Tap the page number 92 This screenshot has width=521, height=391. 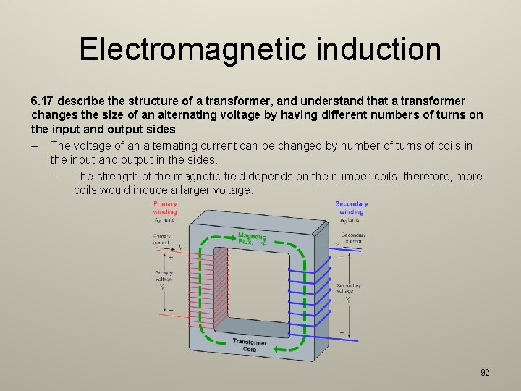coord(485,372)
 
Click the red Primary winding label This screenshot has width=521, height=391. coord(164,207)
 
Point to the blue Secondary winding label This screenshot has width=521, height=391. coord(351,208)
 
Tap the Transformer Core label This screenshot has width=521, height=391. coord(250,345)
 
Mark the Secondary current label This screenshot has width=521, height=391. coord(352,238)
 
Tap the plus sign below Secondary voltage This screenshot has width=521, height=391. coord(342,332)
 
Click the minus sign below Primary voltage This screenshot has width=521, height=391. coord(171,309)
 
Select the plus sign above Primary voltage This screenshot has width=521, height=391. coord(171,257)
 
